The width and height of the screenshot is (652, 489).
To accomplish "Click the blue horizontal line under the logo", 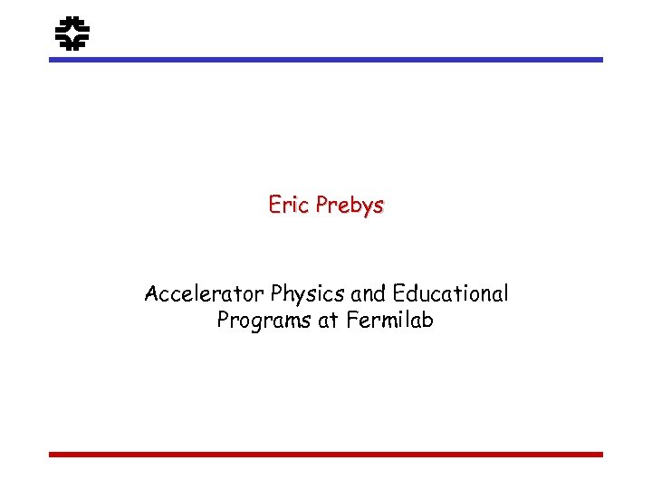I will point(325,60).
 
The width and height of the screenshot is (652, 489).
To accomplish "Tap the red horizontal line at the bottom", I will point(325,455).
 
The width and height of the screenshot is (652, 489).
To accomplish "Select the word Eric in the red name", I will point(288,206).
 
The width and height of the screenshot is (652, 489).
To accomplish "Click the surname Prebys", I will point(350,206).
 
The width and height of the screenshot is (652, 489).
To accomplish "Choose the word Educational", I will point(448,294).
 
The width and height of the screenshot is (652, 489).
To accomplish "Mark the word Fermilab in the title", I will point(388,320).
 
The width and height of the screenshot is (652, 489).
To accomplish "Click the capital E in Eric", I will point(274,206).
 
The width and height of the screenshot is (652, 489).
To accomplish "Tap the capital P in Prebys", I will point(322,206).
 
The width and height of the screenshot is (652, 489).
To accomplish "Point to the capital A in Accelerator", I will point(151,294).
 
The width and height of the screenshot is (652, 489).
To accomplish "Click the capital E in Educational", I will point(395,294).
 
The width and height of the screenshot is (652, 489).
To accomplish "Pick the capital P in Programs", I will point(223,320).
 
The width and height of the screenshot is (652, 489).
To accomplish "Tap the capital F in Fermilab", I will point(350,320).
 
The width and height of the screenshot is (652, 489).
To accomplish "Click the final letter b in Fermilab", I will point(427,320).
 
